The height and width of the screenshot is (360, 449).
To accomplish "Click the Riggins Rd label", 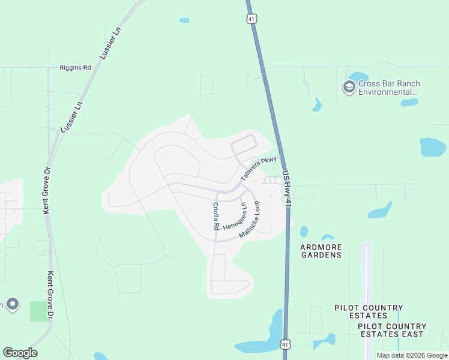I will [x=75, y=68].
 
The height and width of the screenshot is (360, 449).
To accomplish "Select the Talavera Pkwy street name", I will [x=258, y=169].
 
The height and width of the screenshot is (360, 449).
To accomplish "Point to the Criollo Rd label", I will [x=215, y=217].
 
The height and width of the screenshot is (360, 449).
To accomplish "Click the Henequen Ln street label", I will [x=235, y=216].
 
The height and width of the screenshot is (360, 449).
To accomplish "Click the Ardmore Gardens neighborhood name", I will [x=321, y=250].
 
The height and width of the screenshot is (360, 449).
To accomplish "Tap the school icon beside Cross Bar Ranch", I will [x=348, y=88].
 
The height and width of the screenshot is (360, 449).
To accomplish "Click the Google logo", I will [x=20, y=353].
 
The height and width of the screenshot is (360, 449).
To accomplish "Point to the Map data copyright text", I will [x=411, y=355].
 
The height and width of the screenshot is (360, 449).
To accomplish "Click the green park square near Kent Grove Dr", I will [x=40, y=311].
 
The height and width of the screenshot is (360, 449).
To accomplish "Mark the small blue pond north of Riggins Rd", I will [x=184, y=20].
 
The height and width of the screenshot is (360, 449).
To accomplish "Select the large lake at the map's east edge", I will [x=433, y=147].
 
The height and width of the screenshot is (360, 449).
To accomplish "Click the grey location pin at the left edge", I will [x=13, y=304].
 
